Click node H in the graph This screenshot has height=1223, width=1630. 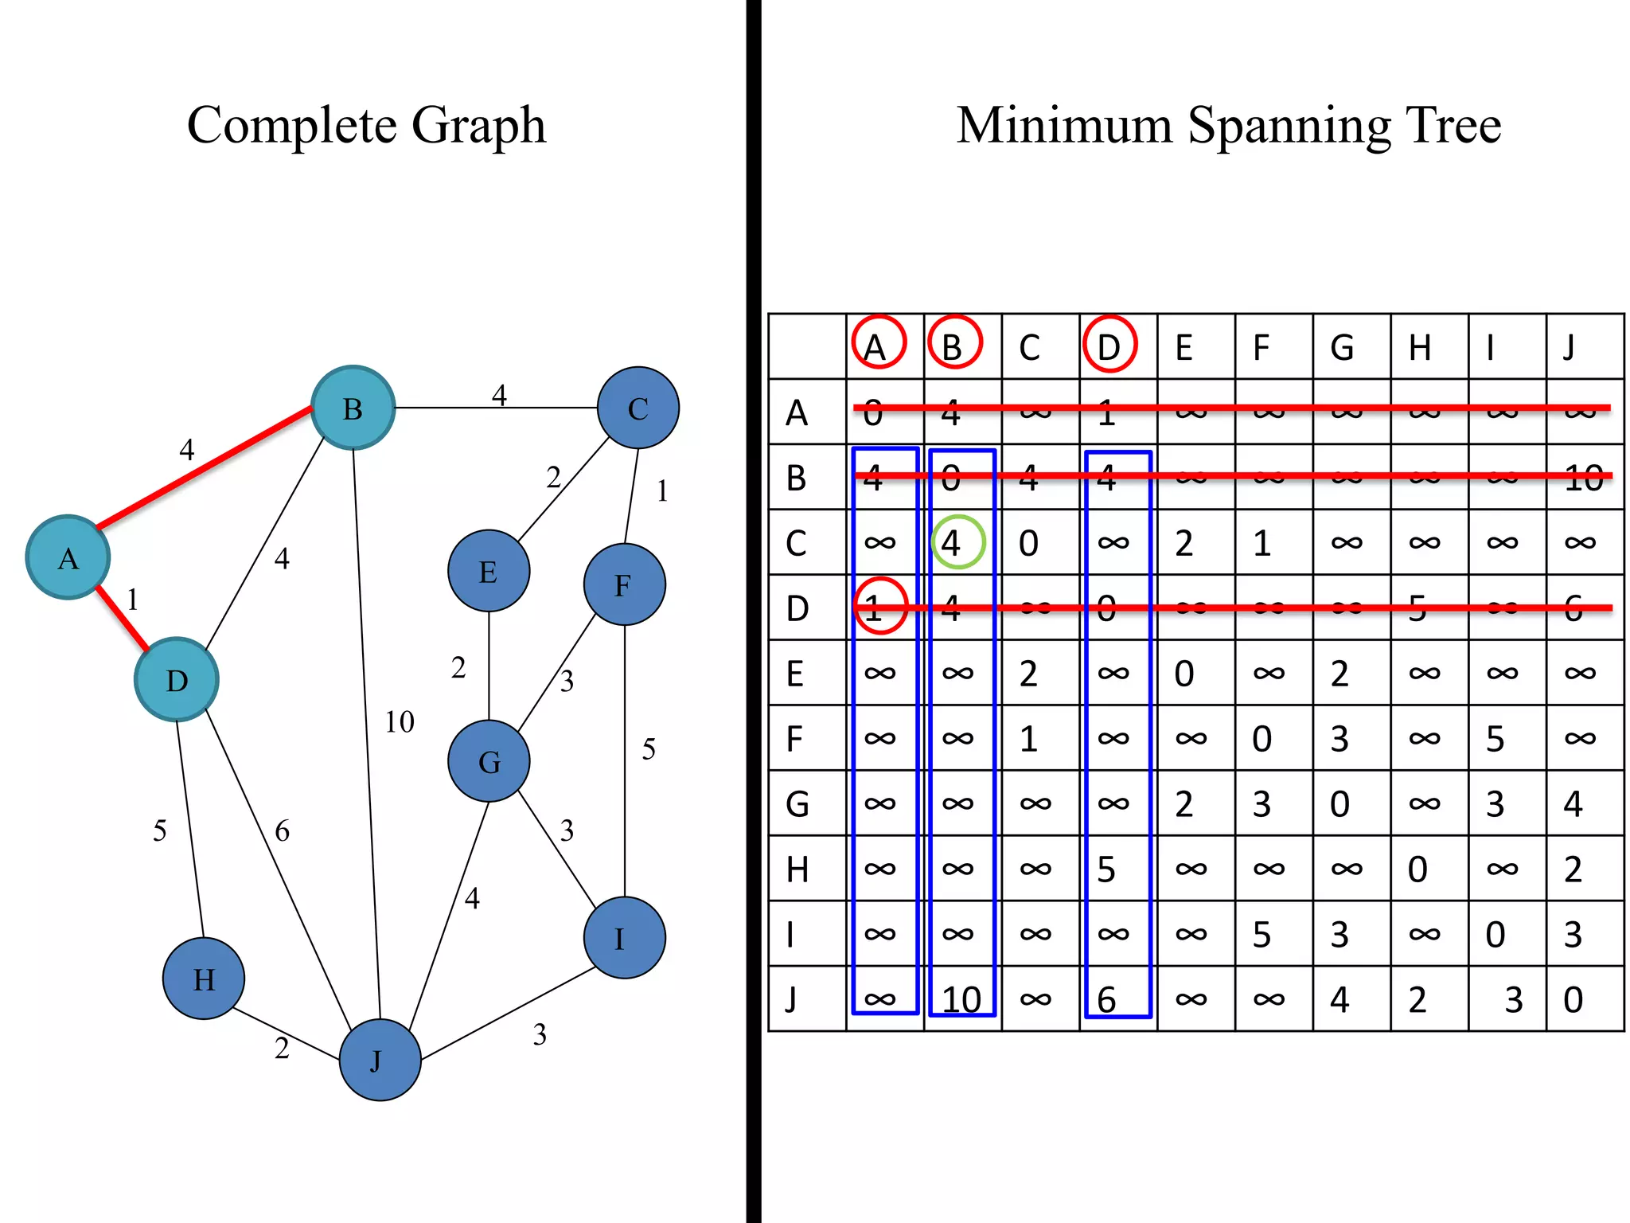204,978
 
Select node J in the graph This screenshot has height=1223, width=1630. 380,1060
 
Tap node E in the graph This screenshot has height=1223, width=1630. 489,571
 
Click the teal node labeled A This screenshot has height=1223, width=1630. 68,557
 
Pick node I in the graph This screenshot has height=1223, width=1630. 624,938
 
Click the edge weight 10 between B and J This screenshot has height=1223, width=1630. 400,722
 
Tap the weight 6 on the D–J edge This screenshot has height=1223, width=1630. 283,831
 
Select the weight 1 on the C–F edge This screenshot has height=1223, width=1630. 662,491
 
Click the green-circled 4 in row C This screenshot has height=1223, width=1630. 957,543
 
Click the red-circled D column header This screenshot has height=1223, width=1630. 1109,346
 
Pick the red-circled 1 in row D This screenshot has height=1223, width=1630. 879,608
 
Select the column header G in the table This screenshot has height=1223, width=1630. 1342,348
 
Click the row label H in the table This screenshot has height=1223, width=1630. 797,869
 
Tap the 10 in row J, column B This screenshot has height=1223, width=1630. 961,999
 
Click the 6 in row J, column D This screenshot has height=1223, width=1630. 1106,999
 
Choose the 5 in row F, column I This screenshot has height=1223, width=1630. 1495,738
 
